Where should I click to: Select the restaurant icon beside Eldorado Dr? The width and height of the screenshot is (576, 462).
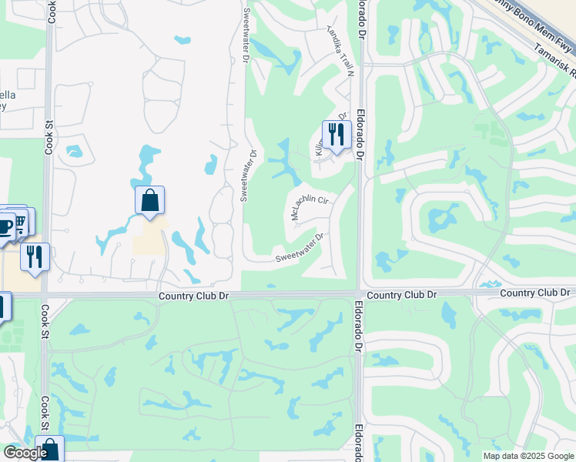(x=337, y=135)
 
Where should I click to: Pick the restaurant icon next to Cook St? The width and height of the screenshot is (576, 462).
(x=35, y=256)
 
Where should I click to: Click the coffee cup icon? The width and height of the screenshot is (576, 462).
(x=5, y=226)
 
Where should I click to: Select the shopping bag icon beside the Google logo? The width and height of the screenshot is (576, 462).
(x=50, y=450)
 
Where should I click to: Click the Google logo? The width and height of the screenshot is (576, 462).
(x=25, y=454)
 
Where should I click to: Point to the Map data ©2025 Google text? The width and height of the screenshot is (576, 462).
(x=528, y=456)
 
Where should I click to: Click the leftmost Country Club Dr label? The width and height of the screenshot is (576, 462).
(x=194, y=296)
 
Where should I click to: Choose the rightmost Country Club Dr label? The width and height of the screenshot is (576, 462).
(x=534, y=293)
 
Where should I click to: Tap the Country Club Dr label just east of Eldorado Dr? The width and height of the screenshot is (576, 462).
(x=402, y=295)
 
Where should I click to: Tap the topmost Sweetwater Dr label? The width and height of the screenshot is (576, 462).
(x=246, y=34)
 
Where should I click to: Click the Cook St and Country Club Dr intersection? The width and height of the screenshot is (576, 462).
(x=45, y=295)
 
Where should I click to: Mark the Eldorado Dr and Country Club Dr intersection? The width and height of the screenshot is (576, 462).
(x=359, y=293)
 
